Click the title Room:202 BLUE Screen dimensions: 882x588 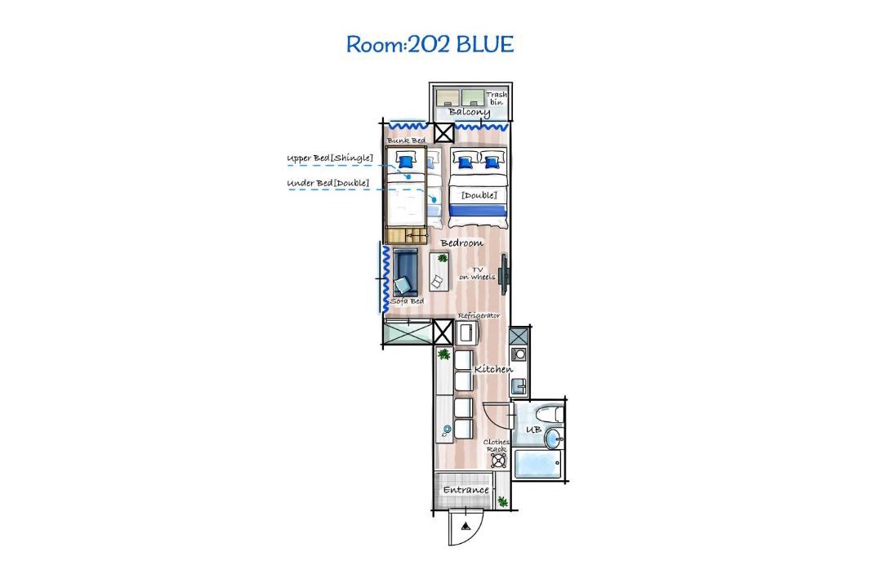(x=430, y=44)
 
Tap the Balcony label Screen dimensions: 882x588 (x=469, y=112)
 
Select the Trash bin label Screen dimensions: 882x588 (x=497, y=99)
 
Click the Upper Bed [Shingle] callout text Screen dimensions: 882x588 (x=330, y=158)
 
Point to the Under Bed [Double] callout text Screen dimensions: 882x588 (x=328, y=183)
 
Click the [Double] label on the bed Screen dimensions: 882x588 (x=479, y=195)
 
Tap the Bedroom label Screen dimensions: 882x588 (x=461, y=243)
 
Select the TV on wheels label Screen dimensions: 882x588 (x=477, y=274)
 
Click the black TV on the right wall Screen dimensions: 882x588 (x=506, y=274)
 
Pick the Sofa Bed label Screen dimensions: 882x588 (x=408, y=301)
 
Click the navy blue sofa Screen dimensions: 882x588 (x=405, y=273)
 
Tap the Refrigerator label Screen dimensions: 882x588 (x=479, y=316)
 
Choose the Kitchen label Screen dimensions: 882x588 (x=493, y=369)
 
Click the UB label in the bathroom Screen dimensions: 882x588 (x=533, y=430)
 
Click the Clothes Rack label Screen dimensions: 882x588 (x=497, y=446)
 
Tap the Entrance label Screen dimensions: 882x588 (x=465, y=490)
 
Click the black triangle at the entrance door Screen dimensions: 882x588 (x=465, y=528)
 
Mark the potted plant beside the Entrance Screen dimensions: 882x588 (x=503, y=501)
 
